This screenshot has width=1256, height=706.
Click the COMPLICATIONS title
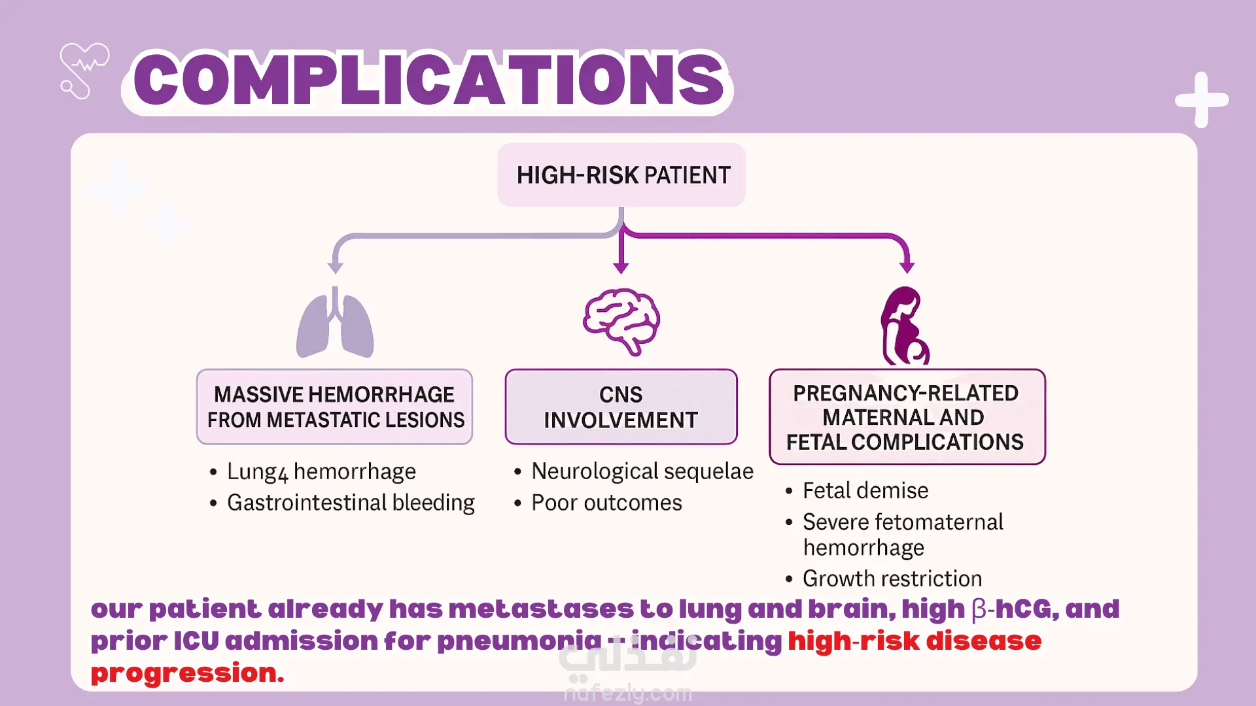pyautogui.click(x=428, y=80)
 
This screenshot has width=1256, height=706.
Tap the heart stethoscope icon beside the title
pyautogui.click(x=84, y=71)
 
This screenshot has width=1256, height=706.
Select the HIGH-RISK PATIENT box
pyautogui.click(x=621, y=175)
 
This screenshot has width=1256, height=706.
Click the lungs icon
pyautogui.click(x=335, y=324)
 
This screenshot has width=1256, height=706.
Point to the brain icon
pyautogui.click(x=621, y=321)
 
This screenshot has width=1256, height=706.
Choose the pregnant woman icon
pyautogui.click(x=905, y=326)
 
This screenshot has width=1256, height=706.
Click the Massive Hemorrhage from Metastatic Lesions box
pyautogui.click(x=335, y=407)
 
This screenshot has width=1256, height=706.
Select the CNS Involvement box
pyautogui.click(x=621, y=407)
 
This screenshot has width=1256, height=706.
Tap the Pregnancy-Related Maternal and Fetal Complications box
pyautogui.click(x=907, y=417)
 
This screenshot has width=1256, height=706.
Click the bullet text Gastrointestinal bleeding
pyautogui.click(x=351, y=503)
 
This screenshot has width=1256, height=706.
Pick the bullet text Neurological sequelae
pyautogui.click(x=642, y=471)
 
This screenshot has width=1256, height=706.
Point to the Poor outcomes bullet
pyautogui.click(x=606, y=503)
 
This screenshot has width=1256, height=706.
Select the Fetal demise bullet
pyautogui.click(x=865, y=490)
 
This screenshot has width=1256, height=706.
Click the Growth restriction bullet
pyautogui.click(x=892, y=579)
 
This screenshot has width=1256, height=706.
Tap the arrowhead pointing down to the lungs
pyautogui.click(x=336, y=267)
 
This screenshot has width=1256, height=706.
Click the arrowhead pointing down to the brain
pyautogui.click(x=621, y=267)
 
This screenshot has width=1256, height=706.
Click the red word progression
pyautogui.click(x=187, y=673)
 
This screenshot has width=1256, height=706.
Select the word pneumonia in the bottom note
pyautogui.click(x=519, y=641)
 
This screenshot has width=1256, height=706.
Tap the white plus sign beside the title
pyautogui.click(x=1202, y=100)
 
